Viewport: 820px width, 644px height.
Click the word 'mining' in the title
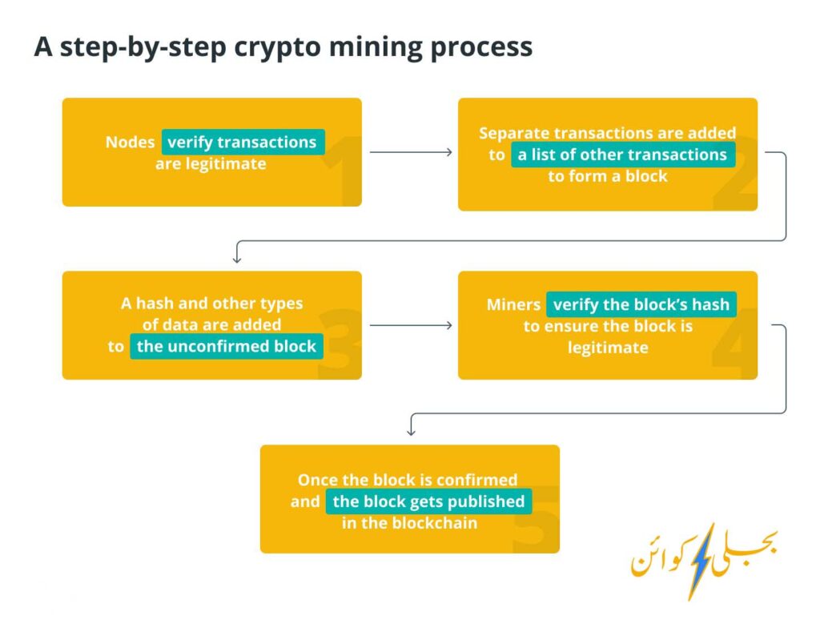pos(375,47)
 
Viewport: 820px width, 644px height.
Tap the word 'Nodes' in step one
pos(131,143)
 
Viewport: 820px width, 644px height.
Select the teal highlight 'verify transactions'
pos(243,142)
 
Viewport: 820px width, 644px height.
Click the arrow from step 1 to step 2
pos(411,152)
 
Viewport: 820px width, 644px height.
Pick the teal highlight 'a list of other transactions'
pos(623,155)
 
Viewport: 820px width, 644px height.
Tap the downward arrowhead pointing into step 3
pos(237,258)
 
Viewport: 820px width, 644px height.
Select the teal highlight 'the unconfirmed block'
pos(227,346)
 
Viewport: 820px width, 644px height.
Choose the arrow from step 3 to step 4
pos(411,325)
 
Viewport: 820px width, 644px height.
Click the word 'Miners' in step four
pos(513,304)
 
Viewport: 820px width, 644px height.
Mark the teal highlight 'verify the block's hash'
pos(641,304)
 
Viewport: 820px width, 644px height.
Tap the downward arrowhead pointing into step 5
pos(411,431)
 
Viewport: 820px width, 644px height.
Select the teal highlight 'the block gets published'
pos(429,501)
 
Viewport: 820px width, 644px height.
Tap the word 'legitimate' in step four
pos(608,348)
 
